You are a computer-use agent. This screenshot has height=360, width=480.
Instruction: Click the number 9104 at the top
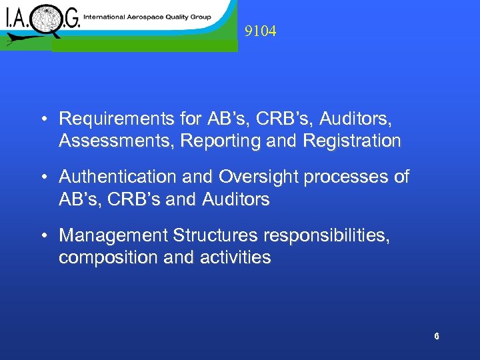tap(260, 31)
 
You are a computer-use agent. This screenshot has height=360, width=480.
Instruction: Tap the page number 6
tap(437, 337)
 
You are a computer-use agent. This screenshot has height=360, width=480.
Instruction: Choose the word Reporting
tap(212, 141)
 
